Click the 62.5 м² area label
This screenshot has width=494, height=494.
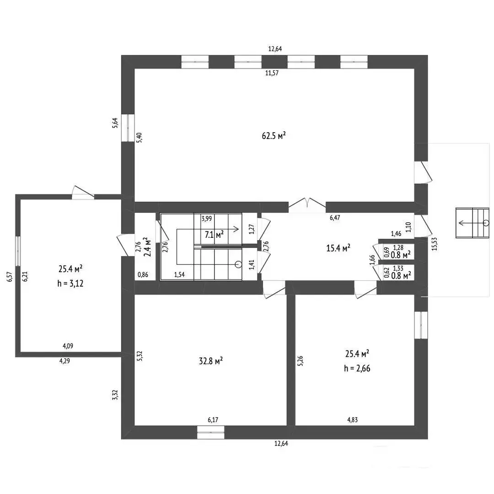274,135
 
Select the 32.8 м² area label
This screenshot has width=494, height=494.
210,361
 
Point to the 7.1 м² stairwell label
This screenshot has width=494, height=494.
214,235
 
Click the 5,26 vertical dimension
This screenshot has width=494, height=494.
300,361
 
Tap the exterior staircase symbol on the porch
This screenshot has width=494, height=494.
472,223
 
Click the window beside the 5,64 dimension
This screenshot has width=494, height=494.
128,128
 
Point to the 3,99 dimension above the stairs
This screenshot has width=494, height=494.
207,219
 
